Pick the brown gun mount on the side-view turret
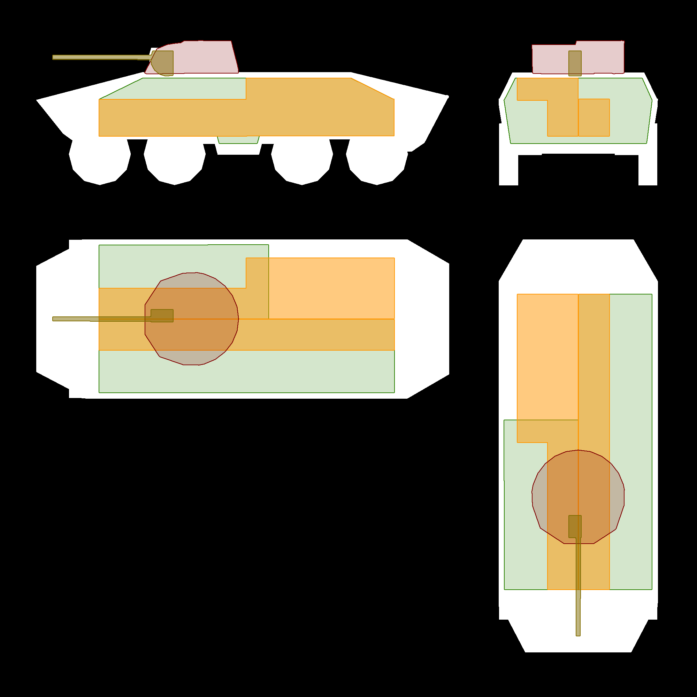click(x=164, y=63)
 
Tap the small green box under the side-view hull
click(x=238, y=140)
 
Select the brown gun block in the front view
click(x=575, y=63)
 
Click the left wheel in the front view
click(x=509, y=170)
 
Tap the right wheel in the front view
click(x=648, y=170)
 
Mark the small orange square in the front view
click(x=594, y=117)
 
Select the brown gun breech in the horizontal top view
click(x=162, y=316)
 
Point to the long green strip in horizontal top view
click(x=247, y=372)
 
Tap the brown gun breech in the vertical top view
click(x=575, y=526)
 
